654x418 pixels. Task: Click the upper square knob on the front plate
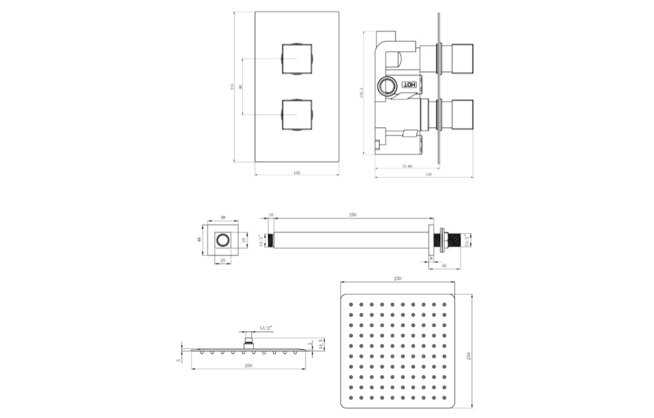point(297,59)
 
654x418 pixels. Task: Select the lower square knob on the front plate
point(297,115)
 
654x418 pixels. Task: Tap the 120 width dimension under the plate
point(297,173)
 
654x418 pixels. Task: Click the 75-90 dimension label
point(407,166)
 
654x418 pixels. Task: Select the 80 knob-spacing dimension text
point(240,87)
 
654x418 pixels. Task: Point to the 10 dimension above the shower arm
point(271,215)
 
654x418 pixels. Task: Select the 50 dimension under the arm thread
point(444,266)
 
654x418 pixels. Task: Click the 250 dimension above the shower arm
point(353,215)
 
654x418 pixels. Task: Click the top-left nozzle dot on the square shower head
point(351,305)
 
